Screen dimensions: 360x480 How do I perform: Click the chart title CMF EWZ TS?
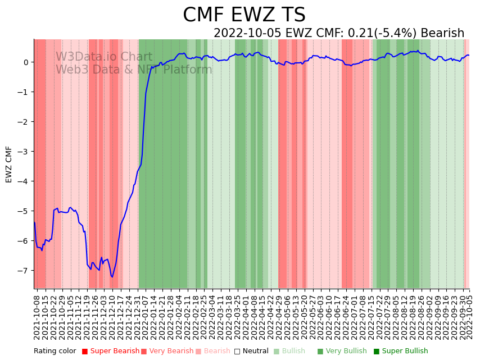244,15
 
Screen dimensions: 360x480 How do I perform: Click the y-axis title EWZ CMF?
9,164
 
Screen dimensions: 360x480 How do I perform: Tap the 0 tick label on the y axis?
26,62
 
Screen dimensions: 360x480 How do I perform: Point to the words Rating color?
55,351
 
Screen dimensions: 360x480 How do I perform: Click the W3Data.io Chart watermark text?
104,57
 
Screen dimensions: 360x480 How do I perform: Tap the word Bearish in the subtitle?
442,33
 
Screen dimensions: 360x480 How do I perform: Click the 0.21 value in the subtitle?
359,33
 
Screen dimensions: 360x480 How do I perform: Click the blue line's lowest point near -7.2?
112,277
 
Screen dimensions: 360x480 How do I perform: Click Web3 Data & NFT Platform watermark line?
134,70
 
